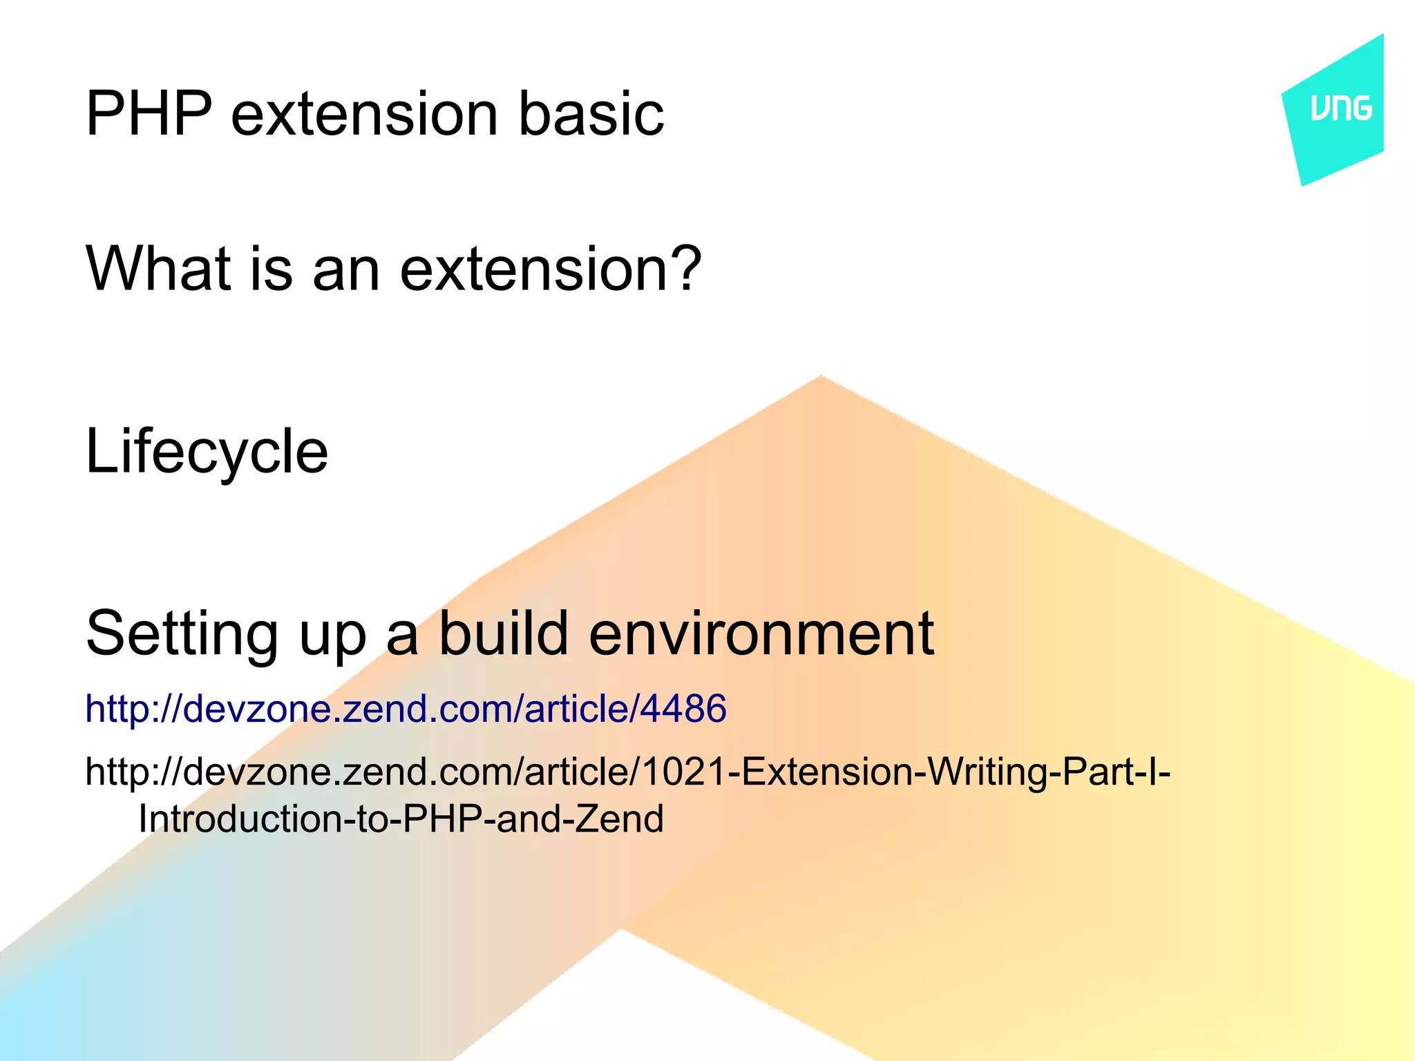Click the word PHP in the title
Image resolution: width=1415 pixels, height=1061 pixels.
[149, 114]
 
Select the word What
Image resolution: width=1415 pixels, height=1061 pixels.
[158, 269]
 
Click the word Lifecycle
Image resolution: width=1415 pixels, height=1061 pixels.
[207, 452]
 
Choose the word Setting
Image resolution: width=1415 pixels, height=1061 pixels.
[182, 634]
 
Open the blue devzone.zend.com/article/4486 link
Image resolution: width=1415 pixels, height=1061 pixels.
[406, 709]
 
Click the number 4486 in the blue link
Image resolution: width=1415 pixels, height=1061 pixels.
[683, 709]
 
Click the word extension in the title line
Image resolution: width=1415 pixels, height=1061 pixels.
[364, 114]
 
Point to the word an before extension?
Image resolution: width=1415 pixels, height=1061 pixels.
[346, 270]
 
